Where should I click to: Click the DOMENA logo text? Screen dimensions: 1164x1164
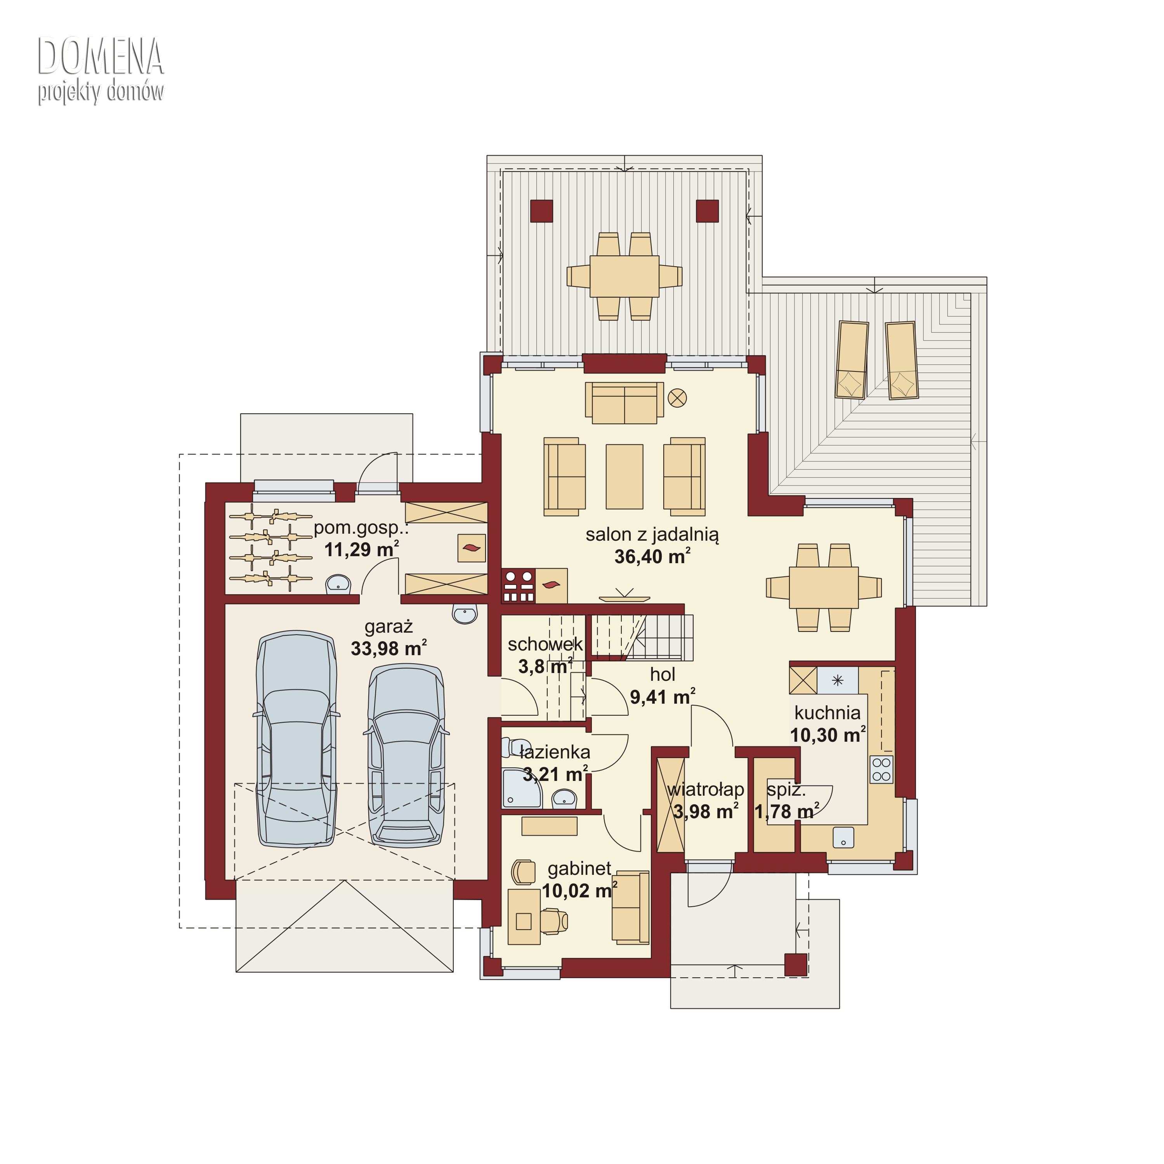pyautogui.click(x=101, y=57)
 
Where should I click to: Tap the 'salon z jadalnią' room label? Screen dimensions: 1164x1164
pyautogui.click(x=652, y=535)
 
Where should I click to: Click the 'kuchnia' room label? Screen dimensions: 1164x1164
pyautogui.click(x=827, y=713)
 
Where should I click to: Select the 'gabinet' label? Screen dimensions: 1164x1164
pyautogui.click(x=579, y=868)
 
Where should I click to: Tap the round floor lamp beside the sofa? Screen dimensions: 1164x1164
pyautogui.click(x=677, y=398)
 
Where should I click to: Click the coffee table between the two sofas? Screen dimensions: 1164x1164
pyautogui.click(x=624, y=477)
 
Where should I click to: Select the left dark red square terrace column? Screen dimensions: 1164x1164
pyautogui.click(x=541, y=211)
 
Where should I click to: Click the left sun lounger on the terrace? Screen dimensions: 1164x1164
pyautogui.click(x=851, y=360)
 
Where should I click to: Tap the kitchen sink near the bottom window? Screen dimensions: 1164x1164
pyautogui.click(x=843, y=836)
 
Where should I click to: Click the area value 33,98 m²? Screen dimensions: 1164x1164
pyautogui.click(x=389, y=648)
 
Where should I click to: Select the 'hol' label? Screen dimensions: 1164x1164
pyautogui.click(x=662, y=674)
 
